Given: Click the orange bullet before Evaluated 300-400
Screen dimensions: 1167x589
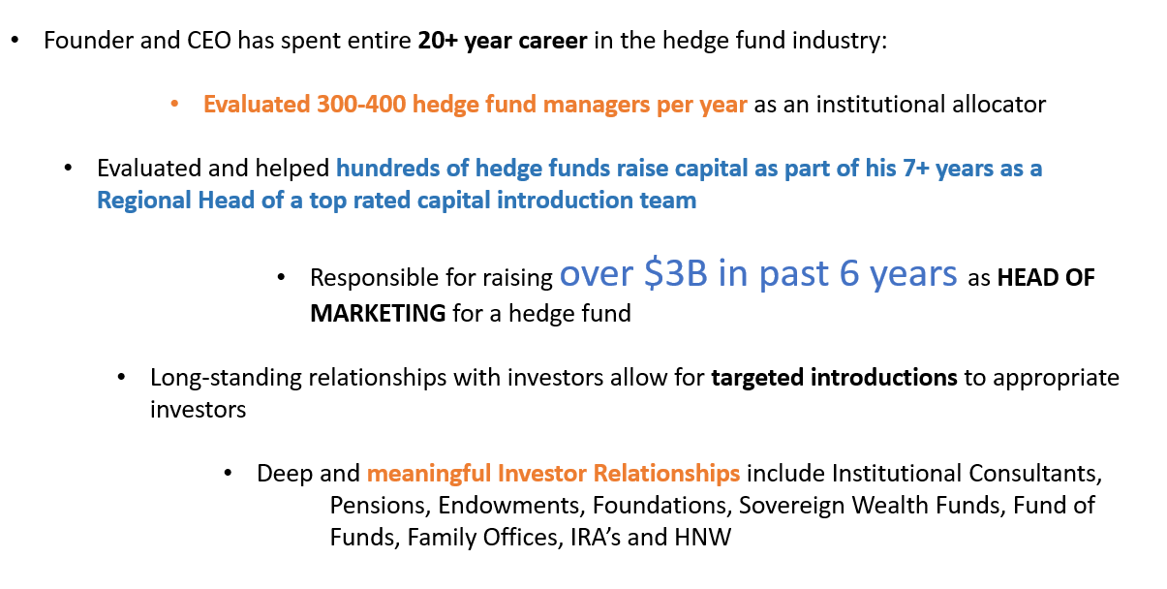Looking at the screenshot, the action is [174, 105].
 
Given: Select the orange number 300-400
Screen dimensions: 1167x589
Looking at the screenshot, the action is [361, 105].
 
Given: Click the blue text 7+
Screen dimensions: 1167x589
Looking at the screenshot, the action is [916, 169].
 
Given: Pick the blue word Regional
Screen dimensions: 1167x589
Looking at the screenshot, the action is [143, 201].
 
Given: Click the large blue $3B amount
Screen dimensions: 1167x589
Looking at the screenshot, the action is [676, 273].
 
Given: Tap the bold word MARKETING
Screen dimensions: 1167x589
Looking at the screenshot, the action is [378, 314].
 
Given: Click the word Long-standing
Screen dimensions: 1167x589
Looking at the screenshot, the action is [226, 379].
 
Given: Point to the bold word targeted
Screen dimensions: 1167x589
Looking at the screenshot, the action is [757, 379].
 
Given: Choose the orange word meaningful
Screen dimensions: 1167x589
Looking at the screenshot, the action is [429, 475].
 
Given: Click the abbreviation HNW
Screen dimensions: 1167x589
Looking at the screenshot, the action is [703, 538].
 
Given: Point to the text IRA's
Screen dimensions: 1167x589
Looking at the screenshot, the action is [596, 538].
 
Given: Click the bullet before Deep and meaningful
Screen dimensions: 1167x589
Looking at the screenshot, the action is [228, 474].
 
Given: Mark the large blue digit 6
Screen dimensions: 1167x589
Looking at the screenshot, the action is [849, 273].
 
